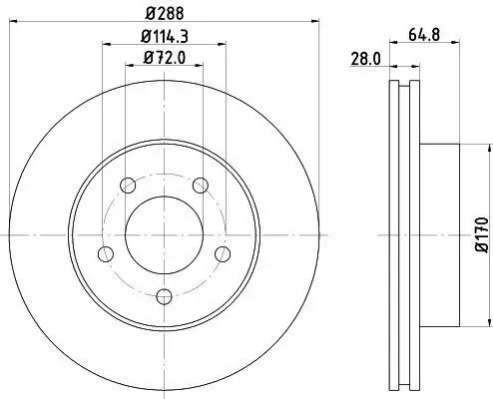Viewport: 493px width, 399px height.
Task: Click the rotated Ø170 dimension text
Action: point(479,235)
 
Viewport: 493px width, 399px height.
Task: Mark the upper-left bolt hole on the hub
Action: point(127,186)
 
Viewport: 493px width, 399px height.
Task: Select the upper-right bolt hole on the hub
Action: point(201,186)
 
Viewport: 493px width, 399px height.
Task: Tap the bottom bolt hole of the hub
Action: point(164,294)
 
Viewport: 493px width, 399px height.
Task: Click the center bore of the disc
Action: point(164,235)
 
